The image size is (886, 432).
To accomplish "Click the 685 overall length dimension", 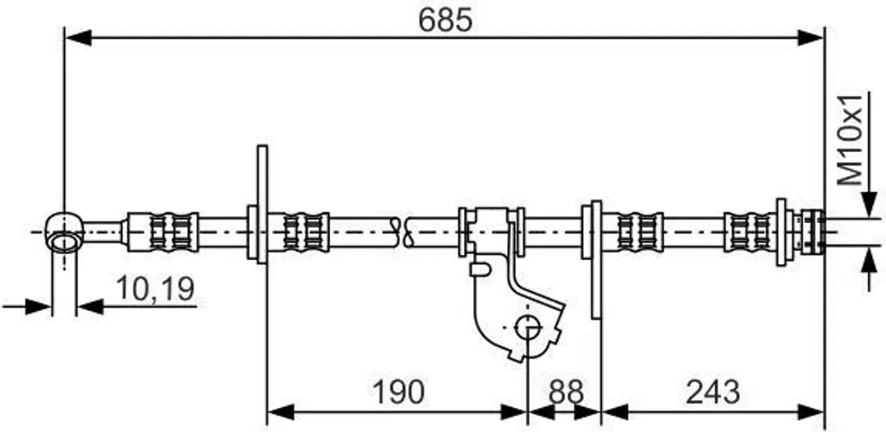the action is (445, 21).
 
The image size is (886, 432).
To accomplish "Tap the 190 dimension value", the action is (398, 392).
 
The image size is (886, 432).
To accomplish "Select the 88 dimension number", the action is (566, 392).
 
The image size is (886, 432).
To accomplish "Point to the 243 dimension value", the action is (712, 392).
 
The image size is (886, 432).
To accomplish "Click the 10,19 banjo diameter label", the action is (155, 289).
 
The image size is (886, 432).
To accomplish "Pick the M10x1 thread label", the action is (851, 140).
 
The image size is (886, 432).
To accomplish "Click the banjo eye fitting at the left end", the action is (64, 232).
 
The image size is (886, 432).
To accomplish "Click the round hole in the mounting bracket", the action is (528, 327).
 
